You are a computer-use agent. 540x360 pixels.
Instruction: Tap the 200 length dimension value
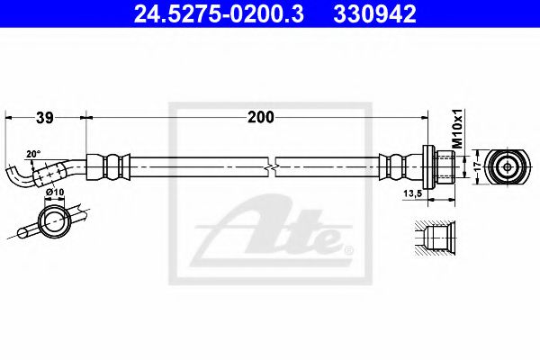click(x=262, y=117)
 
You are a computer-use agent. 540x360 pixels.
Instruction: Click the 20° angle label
click(x=34, y=154)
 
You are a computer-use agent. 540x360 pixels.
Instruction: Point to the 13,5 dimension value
click(x=414, y=193)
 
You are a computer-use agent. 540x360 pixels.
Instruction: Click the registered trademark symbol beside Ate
click(x=346, y=249)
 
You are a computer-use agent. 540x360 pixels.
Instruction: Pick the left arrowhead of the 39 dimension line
click(x=9, y=117)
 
